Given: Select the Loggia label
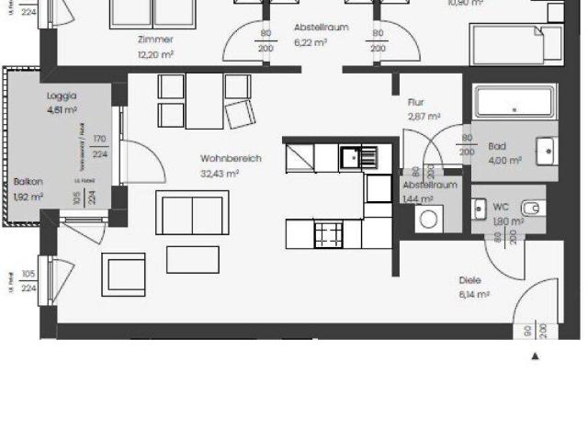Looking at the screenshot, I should point(62,96).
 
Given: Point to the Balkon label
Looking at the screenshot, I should point(28,182).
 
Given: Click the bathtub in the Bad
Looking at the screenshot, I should point(514,102).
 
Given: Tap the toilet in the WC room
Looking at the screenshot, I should point(532,208).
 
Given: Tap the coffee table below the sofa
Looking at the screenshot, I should point(192,260).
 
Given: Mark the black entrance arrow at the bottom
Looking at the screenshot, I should point(536,356).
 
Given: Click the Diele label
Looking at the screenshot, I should point(471,280).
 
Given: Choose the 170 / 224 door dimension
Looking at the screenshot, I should point(99,146).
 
